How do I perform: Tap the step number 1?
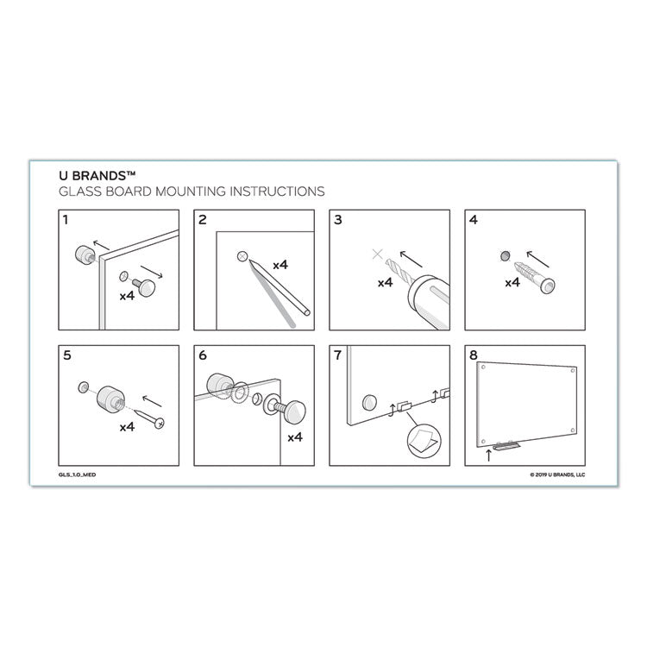click(x=66, y=220)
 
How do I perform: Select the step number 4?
click(x=473, y=220)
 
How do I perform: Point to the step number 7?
click(x=337, y=355)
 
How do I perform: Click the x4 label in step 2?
click(x=280, y=266)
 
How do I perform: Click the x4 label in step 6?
click(x=293, y=437)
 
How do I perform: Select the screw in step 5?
click(x=150, y=418)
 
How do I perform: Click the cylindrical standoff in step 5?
click(x=111, y=399)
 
